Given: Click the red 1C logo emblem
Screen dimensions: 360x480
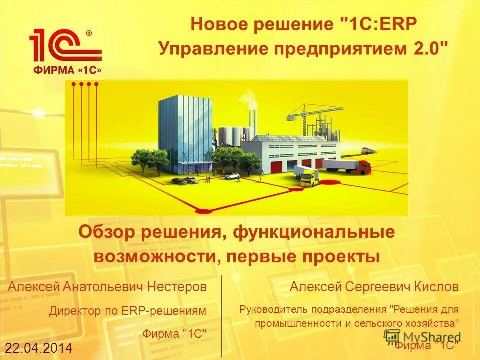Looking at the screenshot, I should pos(65,47).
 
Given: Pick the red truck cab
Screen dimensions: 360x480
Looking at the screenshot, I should pos(365,166).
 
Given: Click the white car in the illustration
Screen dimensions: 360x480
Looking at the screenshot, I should pos(232,175).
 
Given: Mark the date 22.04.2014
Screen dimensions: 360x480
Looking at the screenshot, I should pos(39,348).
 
